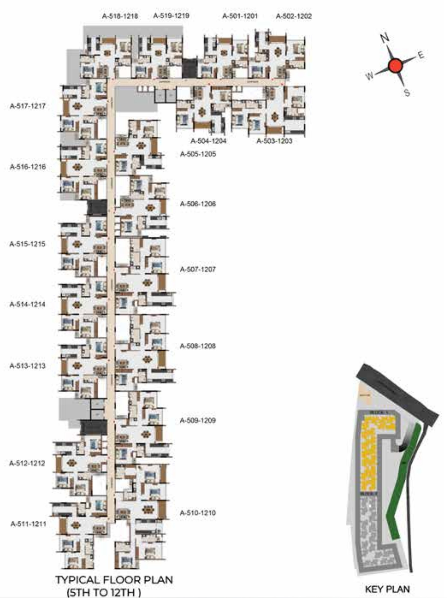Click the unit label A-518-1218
click(x=120, y=16)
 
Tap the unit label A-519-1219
click(x=171, y=16)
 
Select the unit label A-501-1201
click(x=240, y=16)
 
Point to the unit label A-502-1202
click(x=294, y=16)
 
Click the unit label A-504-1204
click(x=209, y=141)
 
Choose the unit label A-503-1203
click(x=274, y=141)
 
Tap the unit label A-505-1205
click(x=198, y=154)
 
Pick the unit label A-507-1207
click(x=198, y=269)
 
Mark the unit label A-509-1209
click(x=198, y=421)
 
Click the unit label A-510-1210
click(x=198, y=513)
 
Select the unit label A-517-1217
click(x=28, y=106)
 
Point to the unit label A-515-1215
click(x=28, y=244)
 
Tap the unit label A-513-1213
click(x=28, y=366)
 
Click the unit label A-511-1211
click(x=28, y=524)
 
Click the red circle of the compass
click(x=395, y=66)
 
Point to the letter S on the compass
click(x=407, y=92)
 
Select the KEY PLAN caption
click(x=387, y=589)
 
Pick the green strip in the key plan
click(x=402, y=485)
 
